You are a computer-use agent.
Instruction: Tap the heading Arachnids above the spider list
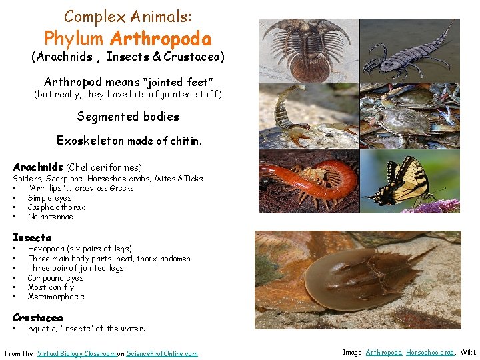(x=38, y=167)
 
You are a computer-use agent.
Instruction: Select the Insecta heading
(x=32, y=237)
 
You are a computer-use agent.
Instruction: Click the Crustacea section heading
(x=38, y=317)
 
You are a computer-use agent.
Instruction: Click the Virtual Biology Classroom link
(x=77, y=353)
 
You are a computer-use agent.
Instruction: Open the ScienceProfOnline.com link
(x=162, y=353)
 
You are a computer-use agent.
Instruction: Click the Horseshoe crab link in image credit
(x=430, y=351)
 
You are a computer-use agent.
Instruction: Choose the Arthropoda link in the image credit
(x=384, y=351)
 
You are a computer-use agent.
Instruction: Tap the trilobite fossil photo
(x=308, y=49)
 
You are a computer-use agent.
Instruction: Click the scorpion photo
(x=308, y=115)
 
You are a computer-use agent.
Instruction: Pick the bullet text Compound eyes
(x=56, y=278)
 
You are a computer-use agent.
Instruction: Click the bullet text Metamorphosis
(x=56, y=297)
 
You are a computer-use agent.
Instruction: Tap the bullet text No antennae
(x=51, y=217)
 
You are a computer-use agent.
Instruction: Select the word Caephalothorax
(x=56, y=207)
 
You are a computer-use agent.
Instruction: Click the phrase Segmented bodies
(x=128, y=117)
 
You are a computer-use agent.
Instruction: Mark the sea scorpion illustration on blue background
(x=409, y=49)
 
